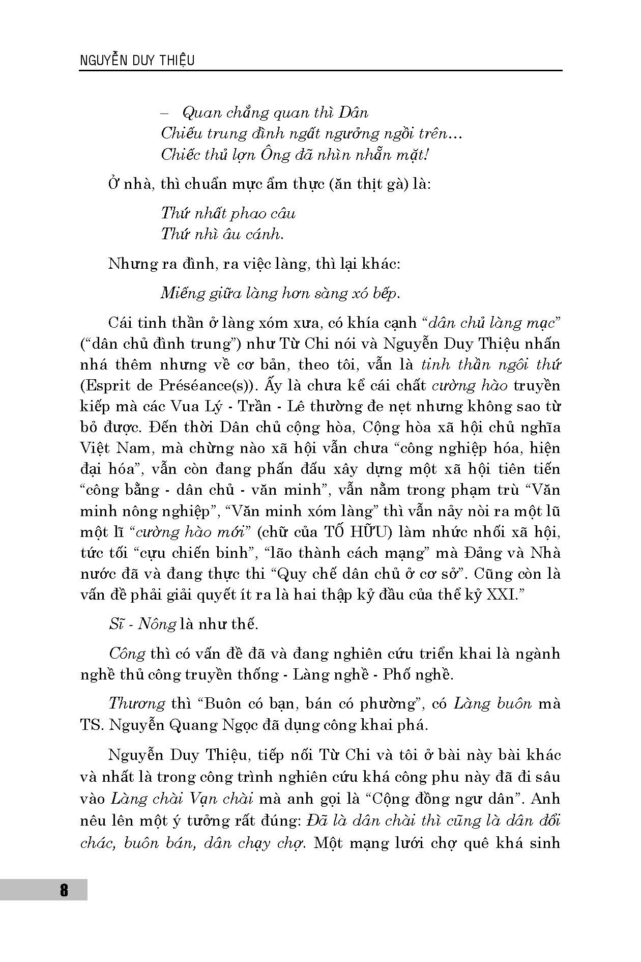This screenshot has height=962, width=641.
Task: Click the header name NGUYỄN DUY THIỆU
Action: [x=137, y=60]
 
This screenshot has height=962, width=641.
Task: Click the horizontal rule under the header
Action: [x=320, y=71]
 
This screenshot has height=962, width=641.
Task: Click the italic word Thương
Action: [x=137, y=703]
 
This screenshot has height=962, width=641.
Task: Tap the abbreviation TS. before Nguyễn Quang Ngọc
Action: [x=92, y=725]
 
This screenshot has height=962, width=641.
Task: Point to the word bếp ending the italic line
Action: [x=383, y=294]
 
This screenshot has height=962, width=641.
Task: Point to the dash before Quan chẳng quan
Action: [x=170, y=112]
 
